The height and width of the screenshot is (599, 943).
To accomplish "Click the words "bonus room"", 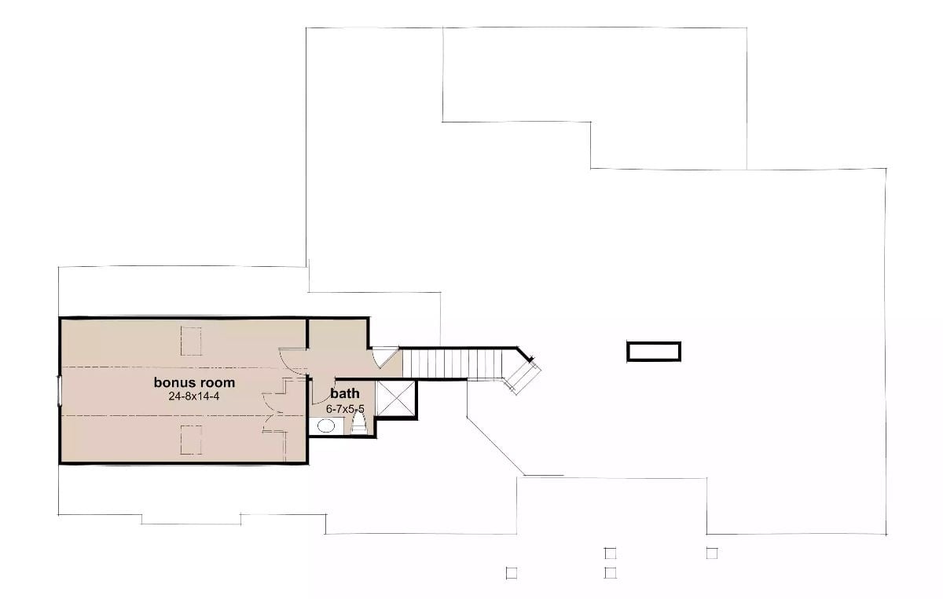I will click(x=194, y=383).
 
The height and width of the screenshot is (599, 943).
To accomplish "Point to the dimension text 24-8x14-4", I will click(x=194, y=396).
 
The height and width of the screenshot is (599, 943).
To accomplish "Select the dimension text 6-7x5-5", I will click(x=345, y=409).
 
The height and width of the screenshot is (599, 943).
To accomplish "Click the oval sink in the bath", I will click(x=326, y=426).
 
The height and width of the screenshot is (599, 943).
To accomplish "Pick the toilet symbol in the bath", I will click(x=360, y=425).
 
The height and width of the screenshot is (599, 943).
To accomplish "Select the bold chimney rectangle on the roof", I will click(x=653, y=351).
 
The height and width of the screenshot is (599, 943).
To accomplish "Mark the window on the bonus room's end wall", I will click(x=59, y=391).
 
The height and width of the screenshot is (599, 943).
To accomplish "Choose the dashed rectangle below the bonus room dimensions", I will click(x=192, y=440).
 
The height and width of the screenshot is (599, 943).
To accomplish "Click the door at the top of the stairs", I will click(x=385, y=357).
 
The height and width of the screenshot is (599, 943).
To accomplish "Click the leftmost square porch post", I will click(x=511, y=573).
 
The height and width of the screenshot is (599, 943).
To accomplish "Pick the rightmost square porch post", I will click(x=711, y=553).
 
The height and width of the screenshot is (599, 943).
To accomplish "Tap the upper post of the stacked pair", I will click(x=610, y=553).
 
